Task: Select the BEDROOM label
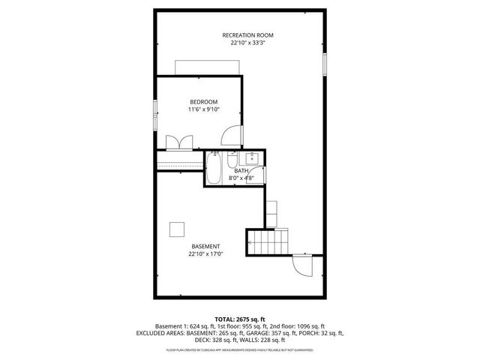point(203,102)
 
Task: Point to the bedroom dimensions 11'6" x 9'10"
point(203,110)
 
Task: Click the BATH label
point(241,171)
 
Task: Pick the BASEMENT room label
point(205,247)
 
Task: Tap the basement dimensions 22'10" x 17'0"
point(205,255)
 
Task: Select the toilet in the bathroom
point(232,161)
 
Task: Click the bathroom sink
point(253,157)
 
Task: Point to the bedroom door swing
point(233,135)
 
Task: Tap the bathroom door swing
point(257,176)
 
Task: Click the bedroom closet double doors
point(180,142)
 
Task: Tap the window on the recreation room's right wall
point(325,64)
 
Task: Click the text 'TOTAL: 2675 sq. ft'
point(240,319)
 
